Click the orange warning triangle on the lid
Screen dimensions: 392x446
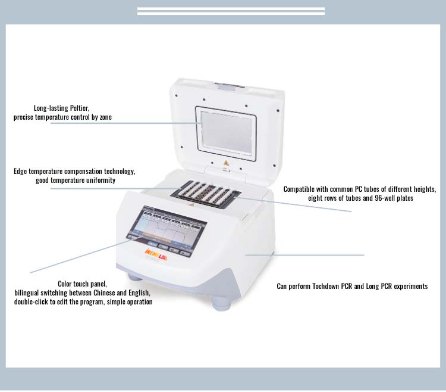click(x=225, y=162)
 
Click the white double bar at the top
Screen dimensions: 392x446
click(x=231, y=11)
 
